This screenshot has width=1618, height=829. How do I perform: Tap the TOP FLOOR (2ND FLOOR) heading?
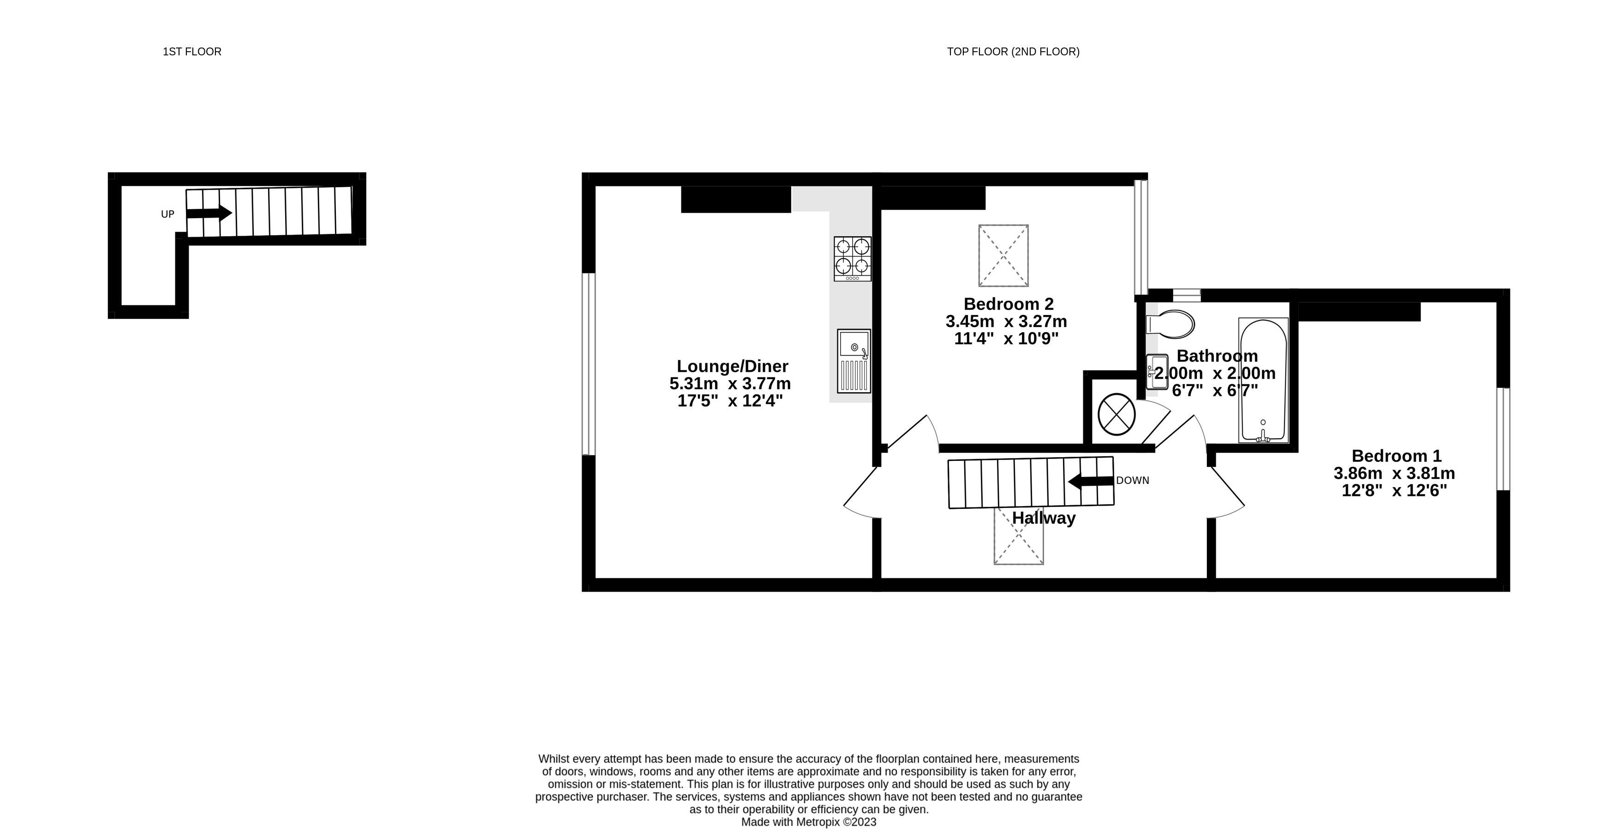[x=1013, y=52]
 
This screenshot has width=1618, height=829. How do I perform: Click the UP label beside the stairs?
[x=167, y=214]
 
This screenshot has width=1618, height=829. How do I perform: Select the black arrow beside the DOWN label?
[x=1091, y=482]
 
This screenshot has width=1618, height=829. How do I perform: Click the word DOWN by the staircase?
[x=1133, y=480]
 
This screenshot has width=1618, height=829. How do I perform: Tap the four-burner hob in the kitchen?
[x=852, y=259]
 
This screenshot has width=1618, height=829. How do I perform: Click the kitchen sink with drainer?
[x=854, y=361]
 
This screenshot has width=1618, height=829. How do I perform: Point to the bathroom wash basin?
[x=1156, y=372]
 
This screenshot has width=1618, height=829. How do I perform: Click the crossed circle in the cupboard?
[x=1116, y=414]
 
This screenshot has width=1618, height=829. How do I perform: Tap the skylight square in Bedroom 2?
[x=1003, y=256]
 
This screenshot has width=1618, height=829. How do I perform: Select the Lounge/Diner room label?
[x=732, y=366]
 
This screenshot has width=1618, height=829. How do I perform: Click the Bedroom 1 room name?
[x=1396, y=456]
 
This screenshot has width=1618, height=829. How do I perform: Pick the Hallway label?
[x=1044, y=518]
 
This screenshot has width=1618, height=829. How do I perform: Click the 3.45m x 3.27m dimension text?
[x=1006, y=322]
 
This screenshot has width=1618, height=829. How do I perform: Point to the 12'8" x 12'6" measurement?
[x=1394, y=490]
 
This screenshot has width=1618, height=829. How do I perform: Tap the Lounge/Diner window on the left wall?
[x=589, y=364]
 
